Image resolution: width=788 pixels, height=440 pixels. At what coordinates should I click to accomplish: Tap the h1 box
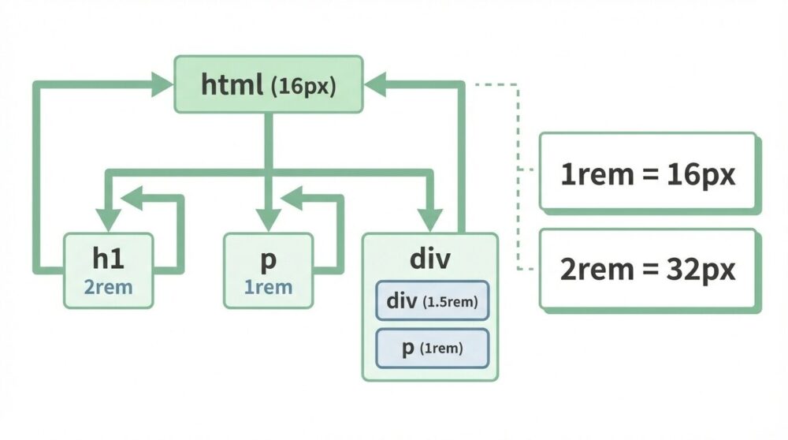[x=109, y=270]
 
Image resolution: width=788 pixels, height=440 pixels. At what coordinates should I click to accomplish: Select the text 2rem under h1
[x=109, y=288]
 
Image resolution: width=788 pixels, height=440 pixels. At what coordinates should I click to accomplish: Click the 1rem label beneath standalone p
[x=268, y=288]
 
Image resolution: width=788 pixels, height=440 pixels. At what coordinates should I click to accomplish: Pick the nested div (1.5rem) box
[x=432, y=301]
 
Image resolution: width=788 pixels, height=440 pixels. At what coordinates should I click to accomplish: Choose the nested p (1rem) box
[x=432, y=348]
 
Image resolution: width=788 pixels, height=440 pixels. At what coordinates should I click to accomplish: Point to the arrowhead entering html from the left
[x=163, y=83]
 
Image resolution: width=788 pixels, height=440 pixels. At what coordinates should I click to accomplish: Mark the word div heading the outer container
[x=429, y=259]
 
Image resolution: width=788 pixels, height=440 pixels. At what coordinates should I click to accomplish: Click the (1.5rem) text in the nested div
[x=451, y=302]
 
